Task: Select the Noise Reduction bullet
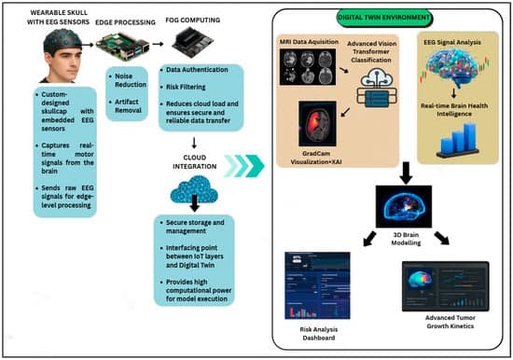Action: click(x=131, y=81)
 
